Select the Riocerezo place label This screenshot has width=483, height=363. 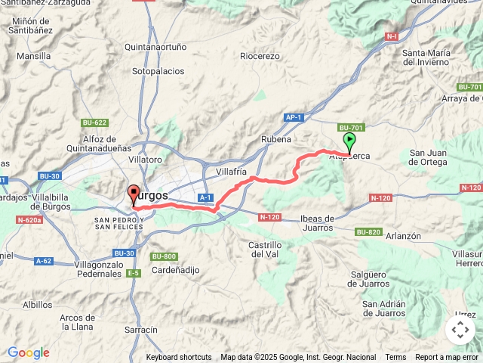(260, 56)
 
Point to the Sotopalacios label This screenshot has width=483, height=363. (158, 71)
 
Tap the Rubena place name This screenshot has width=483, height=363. (275, 140)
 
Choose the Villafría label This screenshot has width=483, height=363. (232, 172)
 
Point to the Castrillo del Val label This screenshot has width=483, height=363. (265, 250)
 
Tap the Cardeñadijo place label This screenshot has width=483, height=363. (174, 270)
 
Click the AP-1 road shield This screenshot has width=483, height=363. (294, 117)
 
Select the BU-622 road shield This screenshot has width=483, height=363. (95, 123)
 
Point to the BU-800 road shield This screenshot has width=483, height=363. (163, 256)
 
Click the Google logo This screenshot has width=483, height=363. (28, 352)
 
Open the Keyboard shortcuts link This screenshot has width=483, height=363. (179, 357)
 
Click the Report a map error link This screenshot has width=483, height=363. (447, 357)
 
